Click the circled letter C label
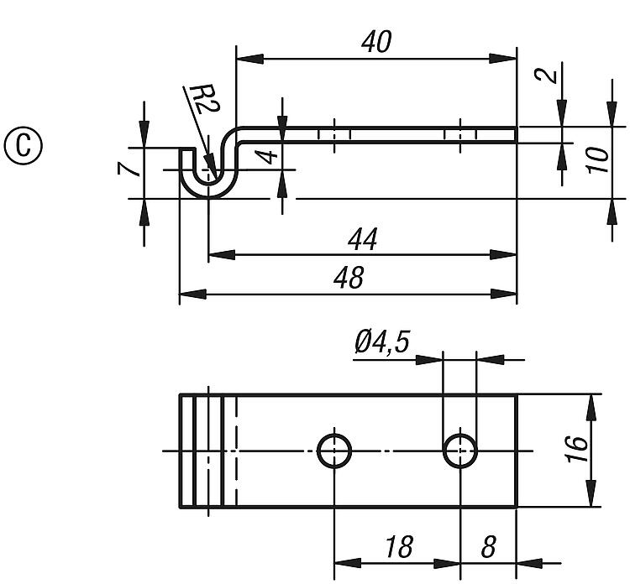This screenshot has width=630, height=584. click(x=24, y=144)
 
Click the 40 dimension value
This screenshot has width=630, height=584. click(x=375, y=41)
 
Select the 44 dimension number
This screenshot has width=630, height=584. click(x=362, y=240)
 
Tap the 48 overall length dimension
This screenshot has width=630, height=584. click(x=349, y=278)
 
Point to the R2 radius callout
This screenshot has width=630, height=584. click(x=200, y=101)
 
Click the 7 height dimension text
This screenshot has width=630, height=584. click(x=127, y=168)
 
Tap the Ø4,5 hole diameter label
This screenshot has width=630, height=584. click(x=382, y=342)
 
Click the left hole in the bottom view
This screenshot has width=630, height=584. click(x=334, y=451)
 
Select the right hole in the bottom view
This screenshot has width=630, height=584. click(x=459, y=451)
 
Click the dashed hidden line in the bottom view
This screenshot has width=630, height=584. click(x=237, y=451)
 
